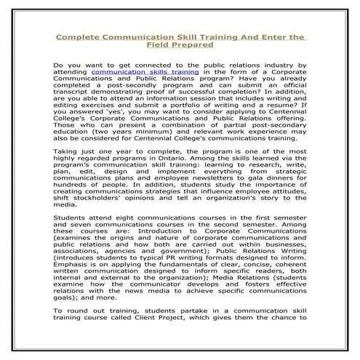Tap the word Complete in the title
(x=82, y=34)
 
